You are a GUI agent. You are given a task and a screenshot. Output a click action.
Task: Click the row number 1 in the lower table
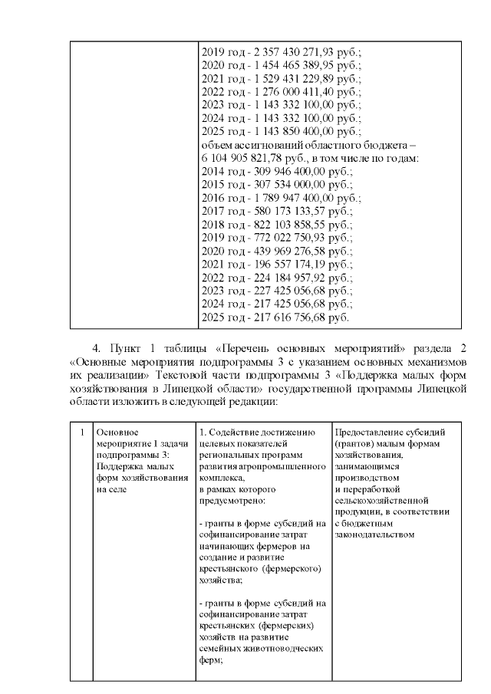point(81,432)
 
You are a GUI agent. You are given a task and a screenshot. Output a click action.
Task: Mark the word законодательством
point(374,534)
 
